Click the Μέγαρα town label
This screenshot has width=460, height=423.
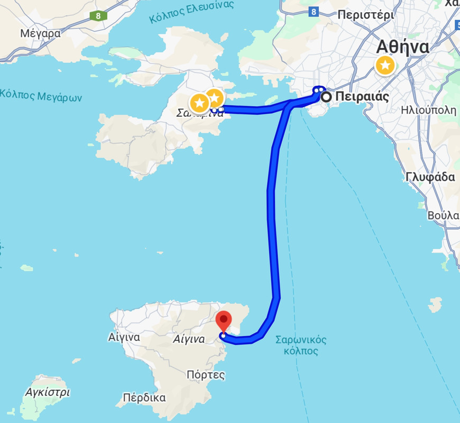(x=40, y=33)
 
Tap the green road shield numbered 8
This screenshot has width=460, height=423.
(x=98, y=15)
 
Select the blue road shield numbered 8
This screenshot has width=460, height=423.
(x=314, y=11)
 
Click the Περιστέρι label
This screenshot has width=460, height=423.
(x=366, y=15)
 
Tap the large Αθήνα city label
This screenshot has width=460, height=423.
(x=402, y=47)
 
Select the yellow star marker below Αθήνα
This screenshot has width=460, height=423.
(x=385, y=66)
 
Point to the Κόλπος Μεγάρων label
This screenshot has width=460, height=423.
(x=41, y=96)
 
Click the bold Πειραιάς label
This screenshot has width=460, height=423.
(x=362, y=97)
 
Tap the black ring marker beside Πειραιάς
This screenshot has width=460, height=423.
(x=327, y=97)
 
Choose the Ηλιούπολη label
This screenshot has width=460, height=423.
(x=428, y=111)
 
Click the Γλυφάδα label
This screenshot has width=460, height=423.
(x=430, y=177)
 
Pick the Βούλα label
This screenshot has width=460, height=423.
(x=443, y=215)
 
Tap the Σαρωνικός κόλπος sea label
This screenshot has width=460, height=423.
(x=301, y=345)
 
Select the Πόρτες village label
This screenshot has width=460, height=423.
(x=206, y=375)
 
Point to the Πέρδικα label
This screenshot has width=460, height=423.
(x=144, y=398)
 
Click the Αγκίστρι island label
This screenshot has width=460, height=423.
(x=48, y=392)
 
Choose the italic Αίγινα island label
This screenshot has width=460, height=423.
(x=189, y=339)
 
